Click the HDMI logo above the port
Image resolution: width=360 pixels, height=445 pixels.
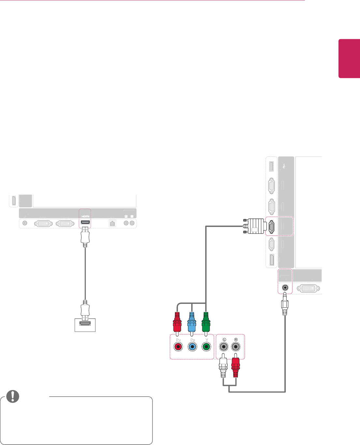pyautogui.click(x=85, y=216)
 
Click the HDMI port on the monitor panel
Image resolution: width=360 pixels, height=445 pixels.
pyautogui.click(x=85, y=223)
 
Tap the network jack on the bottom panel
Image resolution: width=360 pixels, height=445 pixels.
pyautogui.click(x=112, y=224)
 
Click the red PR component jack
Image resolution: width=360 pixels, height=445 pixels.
pyautogui.click(x=178, y=347)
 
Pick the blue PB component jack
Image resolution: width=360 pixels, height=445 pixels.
pyautogui.click(x=192, y=347)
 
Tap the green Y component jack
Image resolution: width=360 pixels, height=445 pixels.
pyautogui.click(x=206, y=347)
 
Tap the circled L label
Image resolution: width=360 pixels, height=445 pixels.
pyautogui.click(x=224, y=340)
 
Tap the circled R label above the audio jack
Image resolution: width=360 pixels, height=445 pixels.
pyautogui.click(x=236, y=340)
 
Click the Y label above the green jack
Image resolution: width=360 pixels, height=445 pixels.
pyautogui.click(x=207, y=340)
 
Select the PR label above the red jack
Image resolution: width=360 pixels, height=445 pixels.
pyautogui.click(x=178, y=340)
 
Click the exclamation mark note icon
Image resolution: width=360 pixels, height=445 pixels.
pyautogui.click(x=13, y=396)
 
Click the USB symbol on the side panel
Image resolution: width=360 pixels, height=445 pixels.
pyautogui.click(x=284, y=166)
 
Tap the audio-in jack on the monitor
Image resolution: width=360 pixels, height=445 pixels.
pyautogui.click(x=285, y=288)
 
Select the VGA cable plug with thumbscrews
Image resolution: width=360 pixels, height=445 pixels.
pyautogui.click(x=254, y=226)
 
